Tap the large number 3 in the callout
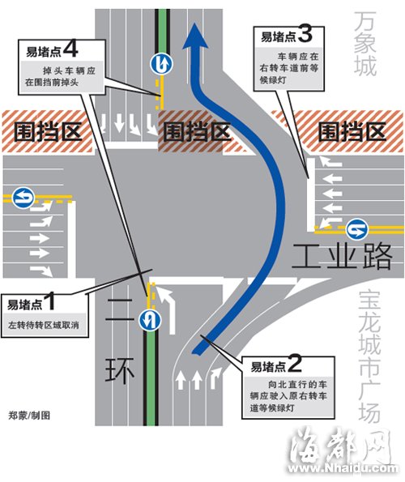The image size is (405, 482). point(305,34)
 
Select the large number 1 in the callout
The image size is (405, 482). point(50,301)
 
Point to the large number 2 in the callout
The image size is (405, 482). point(294,364)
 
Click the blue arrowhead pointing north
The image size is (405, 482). point(195,36)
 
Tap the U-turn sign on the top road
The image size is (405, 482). point(162,64)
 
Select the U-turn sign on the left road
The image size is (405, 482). point(23,198)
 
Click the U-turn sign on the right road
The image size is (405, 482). point(356,229)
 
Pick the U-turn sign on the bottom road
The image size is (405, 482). point(150,320)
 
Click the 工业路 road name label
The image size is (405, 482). point(341,256)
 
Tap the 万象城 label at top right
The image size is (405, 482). point(364,43)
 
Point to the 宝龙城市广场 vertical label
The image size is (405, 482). point(369,356)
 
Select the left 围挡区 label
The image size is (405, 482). point(48,131)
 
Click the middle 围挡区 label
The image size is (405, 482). point(197,131)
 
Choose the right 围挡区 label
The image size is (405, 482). point(352,131)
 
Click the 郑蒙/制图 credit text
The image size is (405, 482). point(29,416)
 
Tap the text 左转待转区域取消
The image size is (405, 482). point(43,325)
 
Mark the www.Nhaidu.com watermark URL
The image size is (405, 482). point(343,468)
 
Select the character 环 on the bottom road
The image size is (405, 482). point(120,370)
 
